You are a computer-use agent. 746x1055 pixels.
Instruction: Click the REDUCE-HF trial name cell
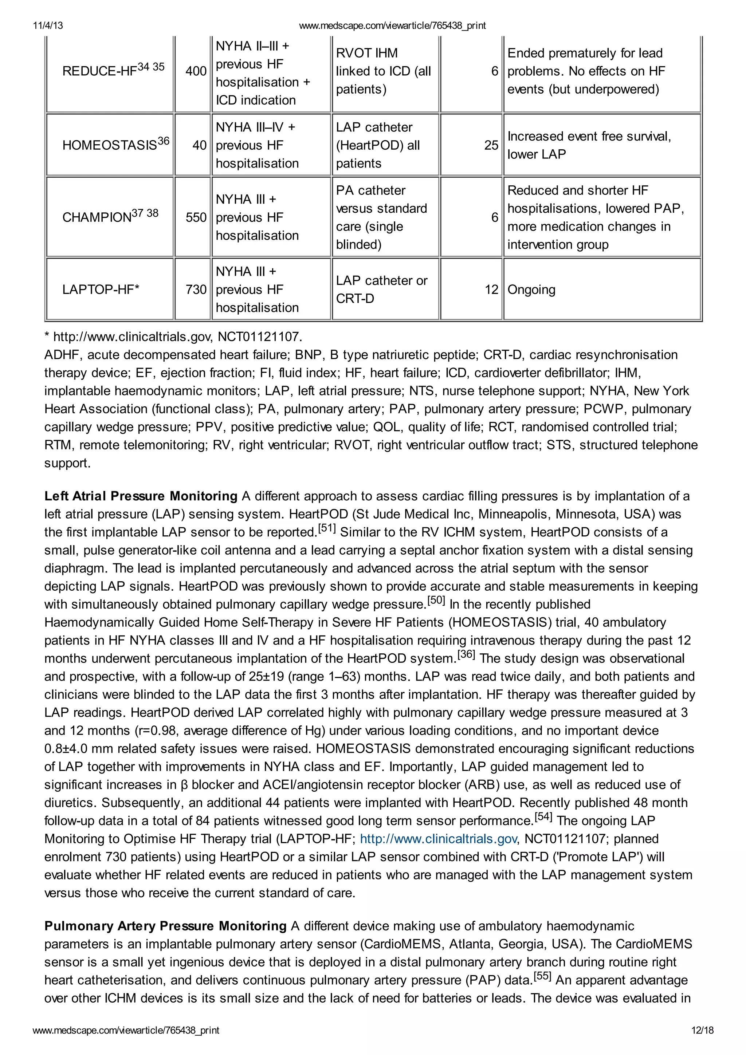coord(113,70)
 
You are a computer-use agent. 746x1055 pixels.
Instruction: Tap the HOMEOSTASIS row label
coord(115,144)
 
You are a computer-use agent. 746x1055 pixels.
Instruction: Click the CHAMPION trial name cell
coord(110,216)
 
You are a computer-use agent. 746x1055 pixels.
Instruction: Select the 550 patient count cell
coord(196,217)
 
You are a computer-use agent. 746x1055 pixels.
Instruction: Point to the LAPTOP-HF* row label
coord(101,290)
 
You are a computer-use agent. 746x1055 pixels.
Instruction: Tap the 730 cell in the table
coord(196,290)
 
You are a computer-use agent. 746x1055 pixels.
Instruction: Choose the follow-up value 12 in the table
coord(491,290)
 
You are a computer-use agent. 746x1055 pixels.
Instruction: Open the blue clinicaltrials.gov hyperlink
coord(438,839)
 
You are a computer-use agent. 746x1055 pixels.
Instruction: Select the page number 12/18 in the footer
coord(702,1030)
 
